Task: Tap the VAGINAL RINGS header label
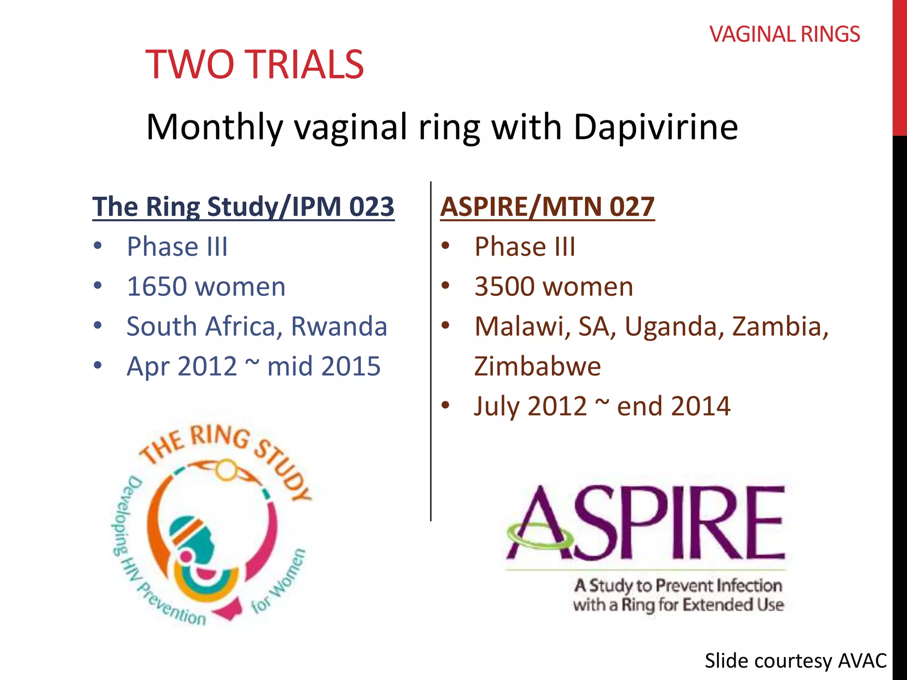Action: [x=784, y=35]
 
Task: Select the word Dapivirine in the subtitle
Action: [x=655, y=127]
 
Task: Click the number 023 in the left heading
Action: [x=371, y=207]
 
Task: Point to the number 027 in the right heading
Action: [x=632, y=207]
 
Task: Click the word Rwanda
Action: [x=339, y=327]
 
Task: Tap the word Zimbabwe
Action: [x=537, y=367]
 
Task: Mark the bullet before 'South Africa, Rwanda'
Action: [x=98, y=326]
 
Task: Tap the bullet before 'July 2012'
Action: [x=446, y=406]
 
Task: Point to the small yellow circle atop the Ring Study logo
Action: [x=226, y=470]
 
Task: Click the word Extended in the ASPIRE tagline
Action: [x=717, y=605]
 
